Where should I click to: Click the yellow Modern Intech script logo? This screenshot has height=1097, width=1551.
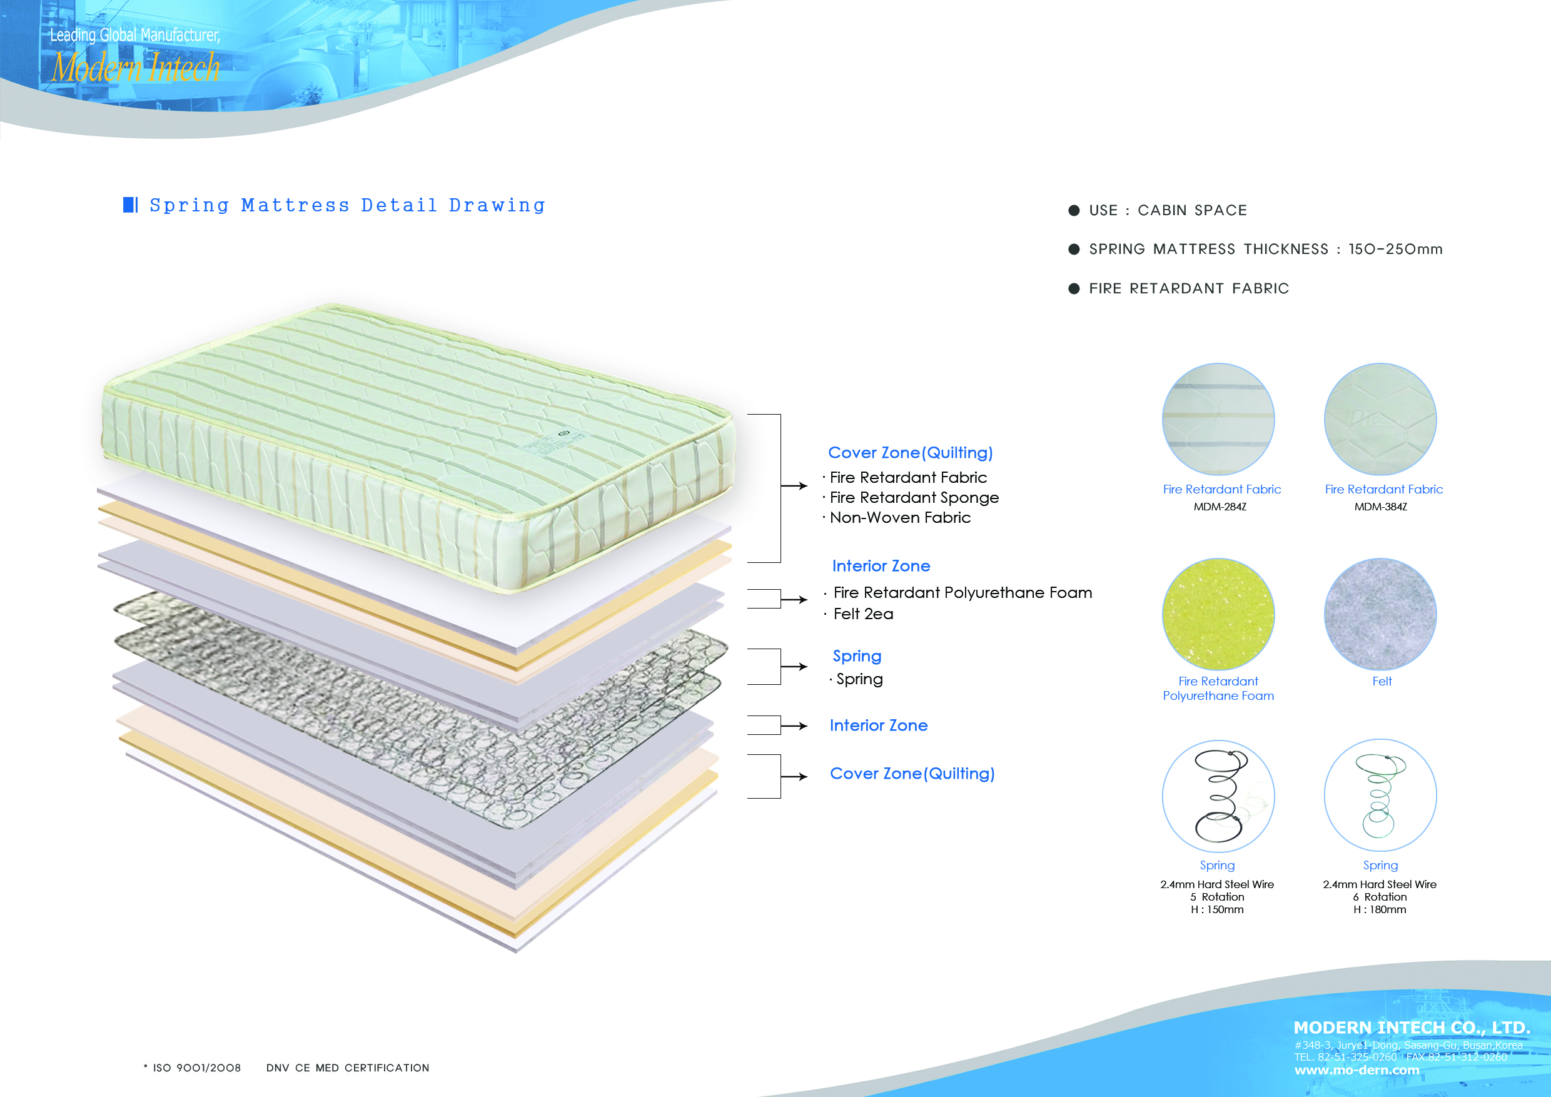[x=136, y=68]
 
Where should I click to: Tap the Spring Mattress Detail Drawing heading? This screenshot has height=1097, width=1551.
[x=347, y=205]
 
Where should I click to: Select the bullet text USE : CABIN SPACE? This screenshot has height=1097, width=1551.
[x=1168, y=210]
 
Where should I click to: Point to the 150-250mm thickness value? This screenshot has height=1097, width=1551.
[x=1396, y=250]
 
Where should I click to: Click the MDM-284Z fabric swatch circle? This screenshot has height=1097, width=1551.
[x=1218, y=419]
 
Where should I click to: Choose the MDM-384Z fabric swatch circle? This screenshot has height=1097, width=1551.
[x=1380, y=419]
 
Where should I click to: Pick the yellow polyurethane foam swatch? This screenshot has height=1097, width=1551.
[x=1218, y=614]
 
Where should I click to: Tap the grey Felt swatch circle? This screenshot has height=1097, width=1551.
[x=1380, y=614]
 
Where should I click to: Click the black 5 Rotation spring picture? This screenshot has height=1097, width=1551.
[x=1218, y=796]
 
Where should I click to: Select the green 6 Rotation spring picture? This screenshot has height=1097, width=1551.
[x=1380, y=795]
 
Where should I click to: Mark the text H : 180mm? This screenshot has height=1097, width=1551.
[x=1380, y=910]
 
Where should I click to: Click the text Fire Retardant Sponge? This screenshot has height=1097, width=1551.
[x=914, y=498]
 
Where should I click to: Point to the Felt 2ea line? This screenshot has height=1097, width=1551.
[x=862, y=614]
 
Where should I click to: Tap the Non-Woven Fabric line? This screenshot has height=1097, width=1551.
[x=900, y=517]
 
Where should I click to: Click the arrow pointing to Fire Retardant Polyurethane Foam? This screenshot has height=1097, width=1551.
[x=794, y=599]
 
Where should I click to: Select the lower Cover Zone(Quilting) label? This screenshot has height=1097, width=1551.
[x=912, y=774]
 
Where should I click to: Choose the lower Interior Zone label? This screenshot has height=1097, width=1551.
[x=878, y=725]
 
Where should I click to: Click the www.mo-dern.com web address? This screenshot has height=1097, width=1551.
[x=1356, y=1070]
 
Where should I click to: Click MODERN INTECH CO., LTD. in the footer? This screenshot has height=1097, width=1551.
[x=1412, y=1028]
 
